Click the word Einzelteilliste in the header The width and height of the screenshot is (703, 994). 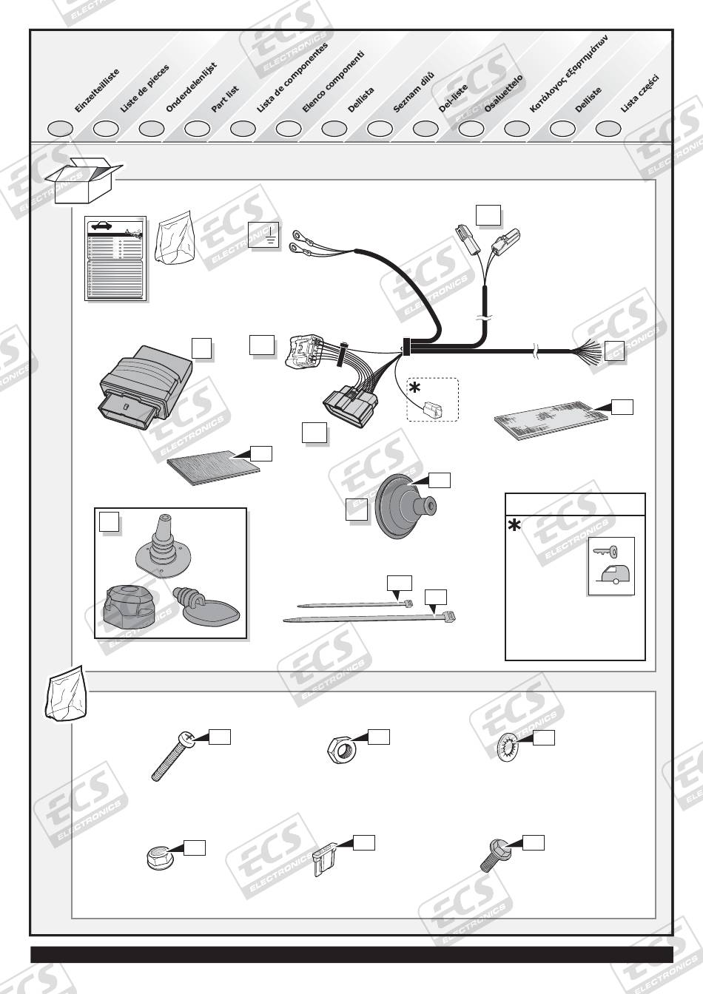pyautogui.click(x=96, y=91)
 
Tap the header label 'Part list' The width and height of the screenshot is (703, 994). pyautogui.click(x=225, y=98)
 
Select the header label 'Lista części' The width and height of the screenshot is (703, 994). pyautogui.click(x=639, y=94)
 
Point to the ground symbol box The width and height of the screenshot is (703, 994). pyautogui.click(x=265, y=234)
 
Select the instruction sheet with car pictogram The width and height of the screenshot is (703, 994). pyautogui.click(x=115, y=258)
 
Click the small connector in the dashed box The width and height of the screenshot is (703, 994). pyautogui.click(x=433, y=406)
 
